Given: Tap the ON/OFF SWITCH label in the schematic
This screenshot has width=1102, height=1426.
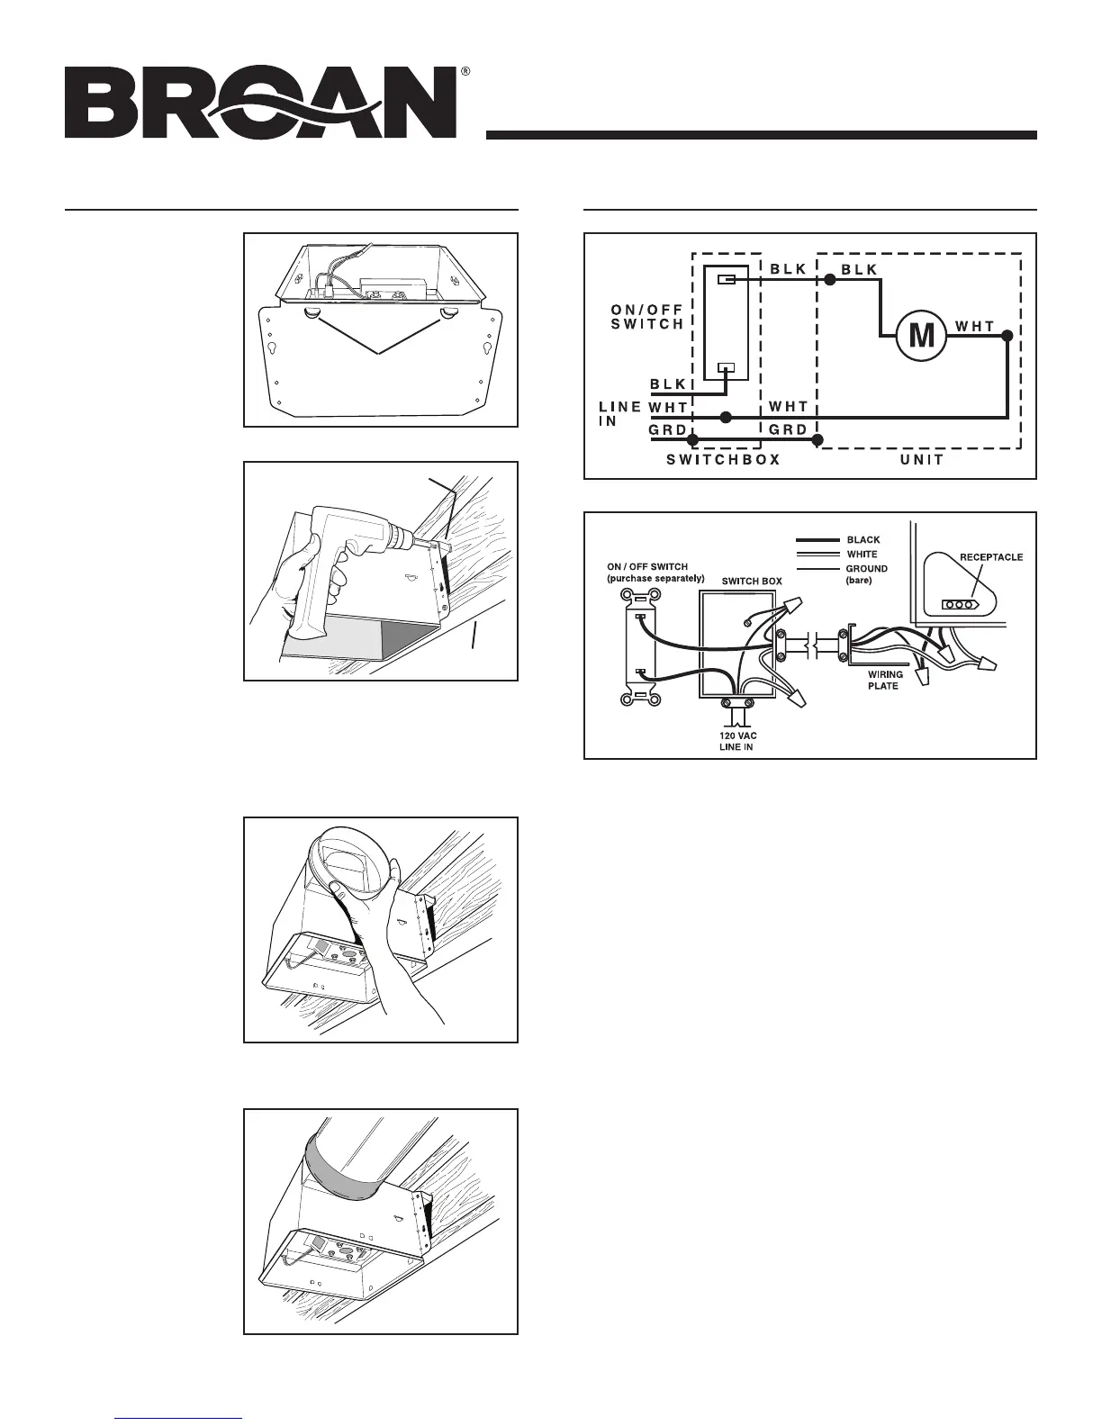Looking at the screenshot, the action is [646, 316].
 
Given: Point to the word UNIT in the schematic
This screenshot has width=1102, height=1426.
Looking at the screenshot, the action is [921, 459].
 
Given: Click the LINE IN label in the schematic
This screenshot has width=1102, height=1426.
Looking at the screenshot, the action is [619, 414].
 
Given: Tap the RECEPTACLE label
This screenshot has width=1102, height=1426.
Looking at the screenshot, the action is [989, 557].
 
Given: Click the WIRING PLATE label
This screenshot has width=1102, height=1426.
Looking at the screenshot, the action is [884, 679].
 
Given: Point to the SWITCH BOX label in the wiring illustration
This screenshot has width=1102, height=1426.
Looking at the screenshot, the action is [752, 582].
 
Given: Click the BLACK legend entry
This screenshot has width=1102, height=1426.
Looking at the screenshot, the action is [863, 540].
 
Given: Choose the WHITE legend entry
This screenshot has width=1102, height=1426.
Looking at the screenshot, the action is [862, 555].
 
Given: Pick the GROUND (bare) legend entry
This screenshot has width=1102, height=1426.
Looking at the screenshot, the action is [867, 574].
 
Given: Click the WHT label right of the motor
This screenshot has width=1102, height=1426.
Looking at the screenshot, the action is [975, 327].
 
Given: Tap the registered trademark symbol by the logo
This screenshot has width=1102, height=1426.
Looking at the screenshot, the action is [465, 70].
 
